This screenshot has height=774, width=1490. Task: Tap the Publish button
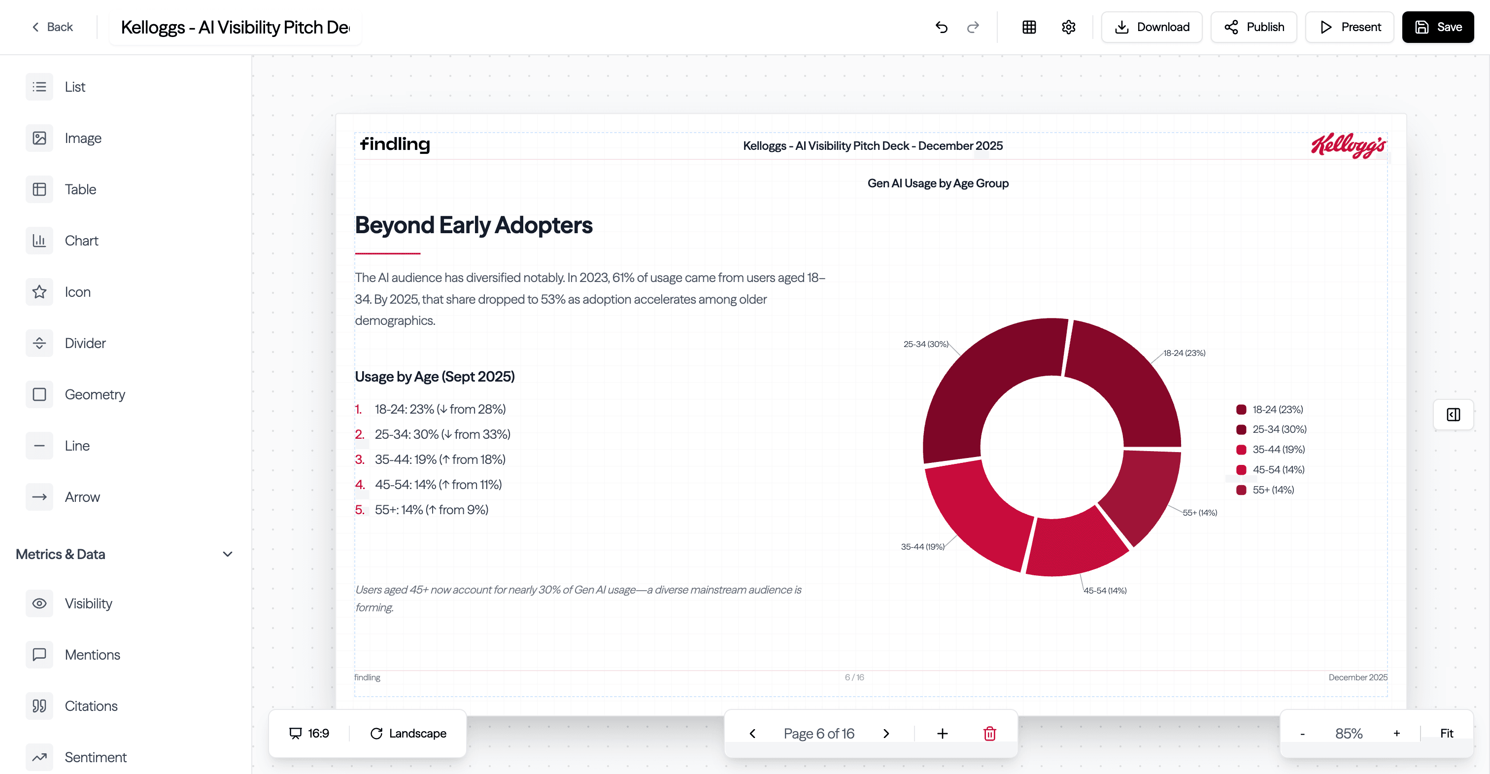click(1253, 27)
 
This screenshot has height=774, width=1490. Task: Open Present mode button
click(1350, 27)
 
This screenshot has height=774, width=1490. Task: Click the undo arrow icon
click(941, 27)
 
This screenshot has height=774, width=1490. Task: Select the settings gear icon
click(1068, 27)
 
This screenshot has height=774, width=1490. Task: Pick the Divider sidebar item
click(85, 343)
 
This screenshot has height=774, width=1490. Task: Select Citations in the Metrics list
click(91, 706)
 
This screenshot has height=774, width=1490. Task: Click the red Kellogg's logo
click(1348, 145)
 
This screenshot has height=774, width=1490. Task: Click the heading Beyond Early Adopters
click(474, 225)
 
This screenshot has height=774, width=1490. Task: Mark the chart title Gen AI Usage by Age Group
click(938, 183)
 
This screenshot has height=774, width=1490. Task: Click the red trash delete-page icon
click(990, 734)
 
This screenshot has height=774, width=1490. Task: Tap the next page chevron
click(886, 734)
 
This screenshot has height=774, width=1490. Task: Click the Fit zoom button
click(1446, 734)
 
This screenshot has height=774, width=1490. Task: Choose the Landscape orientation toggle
click(408, 734)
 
